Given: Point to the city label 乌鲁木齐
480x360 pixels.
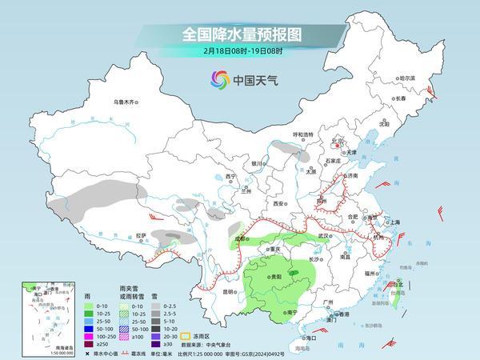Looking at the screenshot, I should [x=126, y=102].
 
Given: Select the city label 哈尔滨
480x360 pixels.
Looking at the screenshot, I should [x=407, y=78].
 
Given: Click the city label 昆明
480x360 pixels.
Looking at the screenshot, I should [x=230, y=291].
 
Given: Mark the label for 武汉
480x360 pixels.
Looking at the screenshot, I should [x=323, y=236].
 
